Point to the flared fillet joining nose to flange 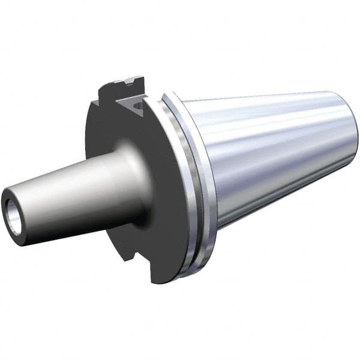(x=129, y=180)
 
